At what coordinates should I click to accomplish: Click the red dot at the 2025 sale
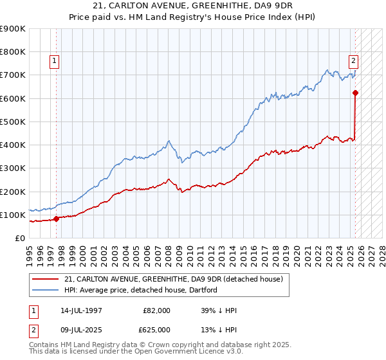coord(355,93)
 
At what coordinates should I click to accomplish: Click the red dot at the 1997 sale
coord(56,219)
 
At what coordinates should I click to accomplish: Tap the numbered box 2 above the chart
coord(353,62)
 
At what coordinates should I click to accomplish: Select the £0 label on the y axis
coord(19,238)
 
